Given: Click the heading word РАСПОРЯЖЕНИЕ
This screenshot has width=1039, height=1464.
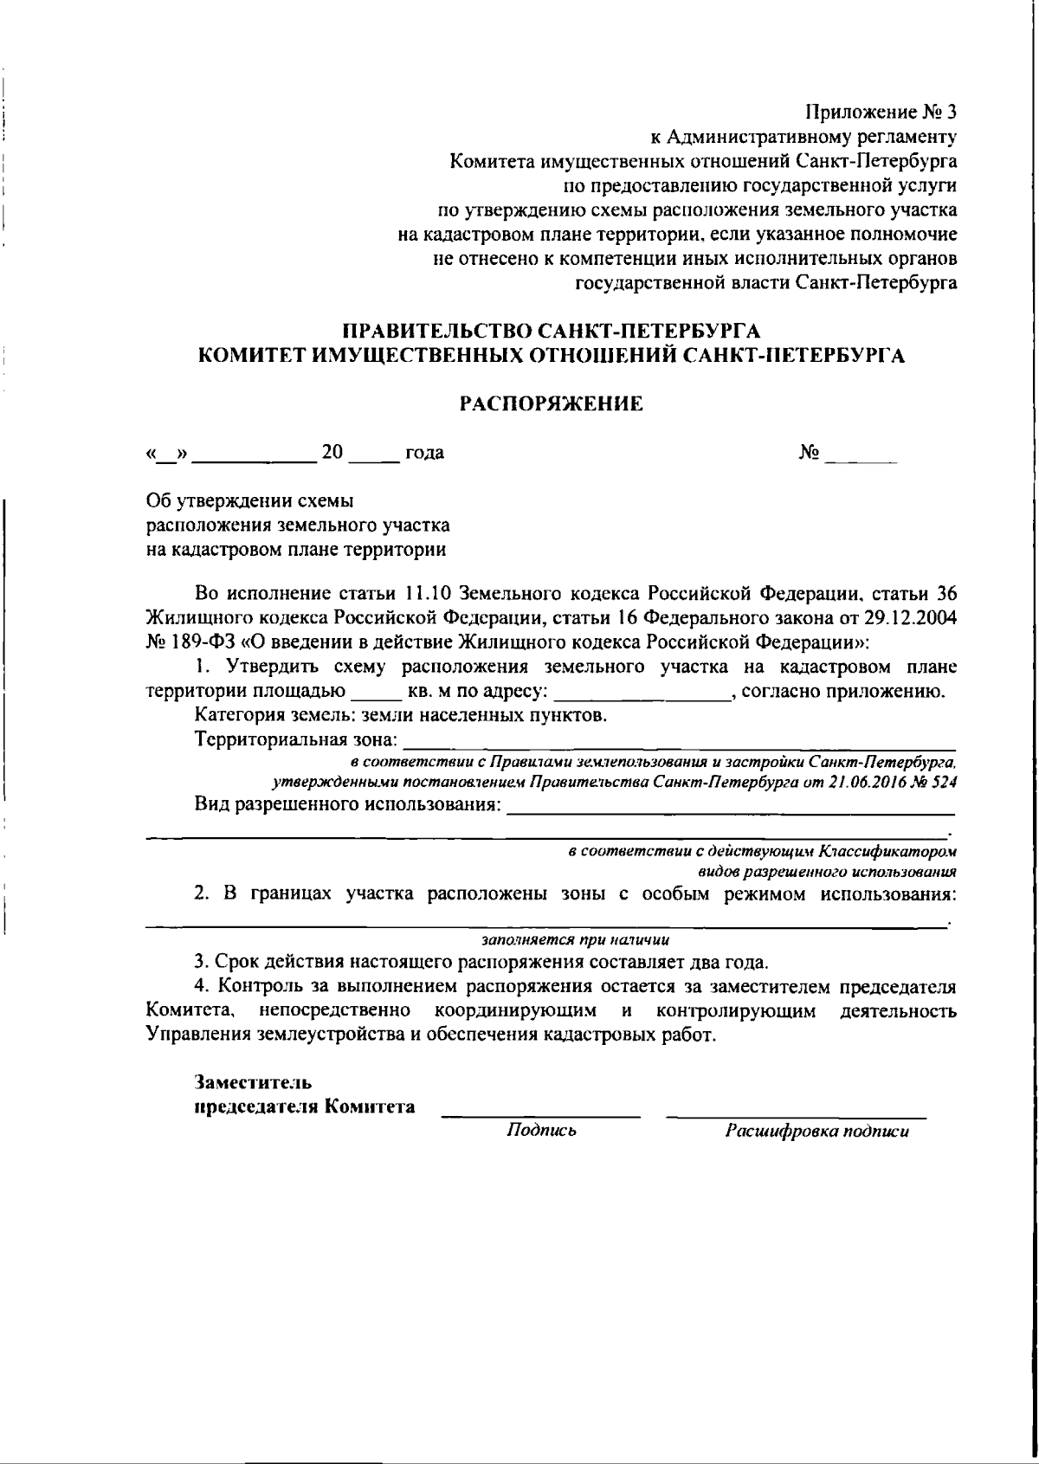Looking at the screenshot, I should pyautogui.click(x=551, y=403).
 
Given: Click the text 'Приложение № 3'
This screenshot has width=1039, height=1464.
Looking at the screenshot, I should pyautogui.click(x=881, y=113).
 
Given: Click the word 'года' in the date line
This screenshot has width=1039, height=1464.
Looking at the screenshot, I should pyautogui.click(x=424, y=453).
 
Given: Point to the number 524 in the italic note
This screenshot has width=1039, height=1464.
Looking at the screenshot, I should pyautogui.click(x=940, y=782).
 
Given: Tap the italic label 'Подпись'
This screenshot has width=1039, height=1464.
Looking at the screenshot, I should pyautogui.click(x=542, y=1131).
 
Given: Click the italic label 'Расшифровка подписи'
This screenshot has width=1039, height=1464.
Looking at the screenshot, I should pyautogui.click(x=816, y=1131).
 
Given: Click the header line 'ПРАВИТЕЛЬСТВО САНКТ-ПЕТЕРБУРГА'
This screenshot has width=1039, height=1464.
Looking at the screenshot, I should pyautogui.click(x=552, y=332).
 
